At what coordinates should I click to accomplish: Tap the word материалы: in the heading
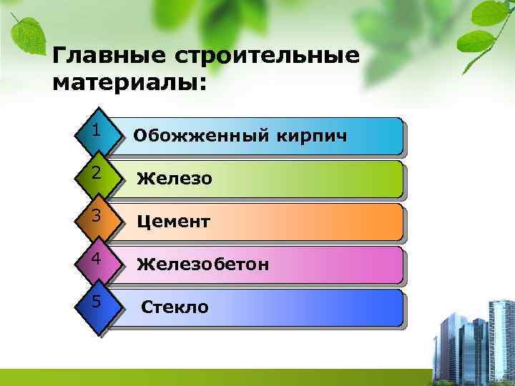click(129, 84)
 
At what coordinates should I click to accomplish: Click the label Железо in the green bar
click(175, 179)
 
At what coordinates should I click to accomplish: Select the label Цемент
click(173, 222)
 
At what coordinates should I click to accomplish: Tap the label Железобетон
click(203, 264)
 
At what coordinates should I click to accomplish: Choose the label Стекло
click(175, 307)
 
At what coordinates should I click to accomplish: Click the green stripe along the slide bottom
click(215, 377)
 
